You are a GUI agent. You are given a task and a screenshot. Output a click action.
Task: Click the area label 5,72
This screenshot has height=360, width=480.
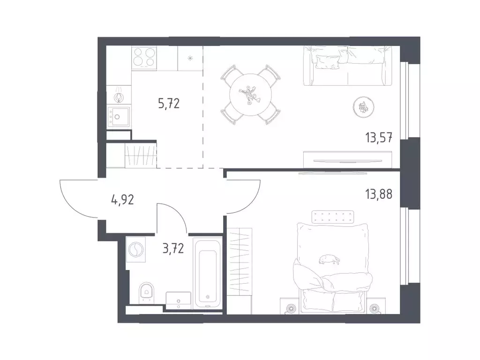169,104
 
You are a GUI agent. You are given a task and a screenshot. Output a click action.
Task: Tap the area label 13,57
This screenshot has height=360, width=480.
379,138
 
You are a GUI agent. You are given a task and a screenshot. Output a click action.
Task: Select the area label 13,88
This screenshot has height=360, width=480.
379,194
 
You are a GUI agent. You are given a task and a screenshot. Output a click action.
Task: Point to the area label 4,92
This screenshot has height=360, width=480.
122,200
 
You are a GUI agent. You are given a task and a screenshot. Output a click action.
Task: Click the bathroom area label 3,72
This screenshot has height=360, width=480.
173,248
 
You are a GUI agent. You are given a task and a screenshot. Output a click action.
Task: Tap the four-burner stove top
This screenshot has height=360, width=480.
144,57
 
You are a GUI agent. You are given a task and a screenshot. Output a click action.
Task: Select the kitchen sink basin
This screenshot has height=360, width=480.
119,117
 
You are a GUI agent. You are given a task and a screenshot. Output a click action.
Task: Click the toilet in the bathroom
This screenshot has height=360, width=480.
147,292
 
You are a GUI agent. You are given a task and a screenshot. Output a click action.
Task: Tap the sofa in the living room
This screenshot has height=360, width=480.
348,66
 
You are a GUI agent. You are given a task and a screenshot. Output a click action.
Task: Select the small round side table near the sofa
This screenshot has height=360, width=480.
364,107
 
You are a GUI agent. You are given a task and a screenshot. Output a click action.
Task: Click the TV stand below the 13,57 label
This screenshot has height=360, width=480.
348,159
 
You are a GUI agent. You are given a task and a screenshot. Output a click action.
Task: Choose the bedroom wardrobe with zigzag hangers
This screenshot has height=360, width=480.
239,271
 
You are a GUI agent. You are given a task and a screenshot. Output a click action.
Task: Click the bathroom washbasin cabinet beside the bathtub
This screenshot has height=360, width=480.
179,300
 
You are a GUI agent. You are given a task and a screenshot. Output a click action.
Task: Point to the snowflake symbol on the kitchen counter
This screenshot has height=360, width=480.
190,58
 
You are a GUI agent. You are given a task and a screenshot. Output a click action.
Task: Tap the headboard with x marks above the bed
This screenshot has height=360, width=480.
333,217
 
